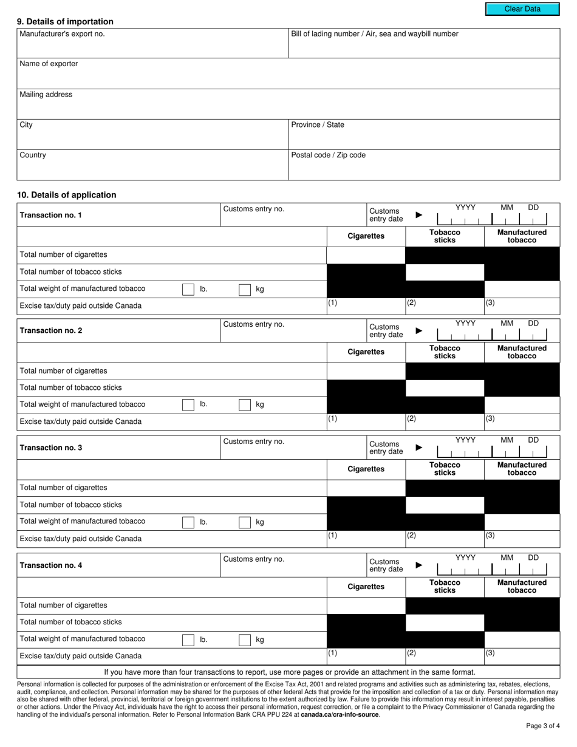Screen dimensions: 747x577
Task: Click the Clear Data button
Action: (x=522, y=9)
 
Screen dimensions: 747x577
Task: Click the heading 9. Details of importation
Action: (x=65, y=22)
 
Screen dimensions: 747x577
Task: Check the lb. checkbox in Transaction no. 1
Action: (x=188, y=290)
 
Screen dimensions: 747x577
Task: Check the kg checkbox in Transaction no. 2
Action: (x=245, y=405)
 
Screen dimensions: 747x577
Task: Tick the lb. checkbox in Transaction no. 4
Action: (x=188, y=640)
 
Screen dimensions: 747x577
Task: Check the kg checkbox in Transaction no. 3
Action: (x=245, y=522)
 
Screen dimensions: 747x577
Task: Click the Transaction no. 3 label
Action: (x=51, y=448)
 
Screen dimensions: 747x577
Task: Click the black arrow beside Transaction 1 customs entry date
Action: (x=418, y=215)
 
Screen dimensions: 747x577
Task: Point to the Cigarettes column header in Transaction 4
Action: (x=366, y=587)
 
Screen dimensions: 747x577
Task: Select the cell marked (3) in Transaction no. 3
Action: (x=522, y=538)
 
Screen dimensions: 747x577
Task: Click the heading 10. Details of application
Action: (x=67, y=195)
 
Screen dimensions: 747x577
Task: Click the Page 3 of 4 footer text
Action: (x=542, y=726)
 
